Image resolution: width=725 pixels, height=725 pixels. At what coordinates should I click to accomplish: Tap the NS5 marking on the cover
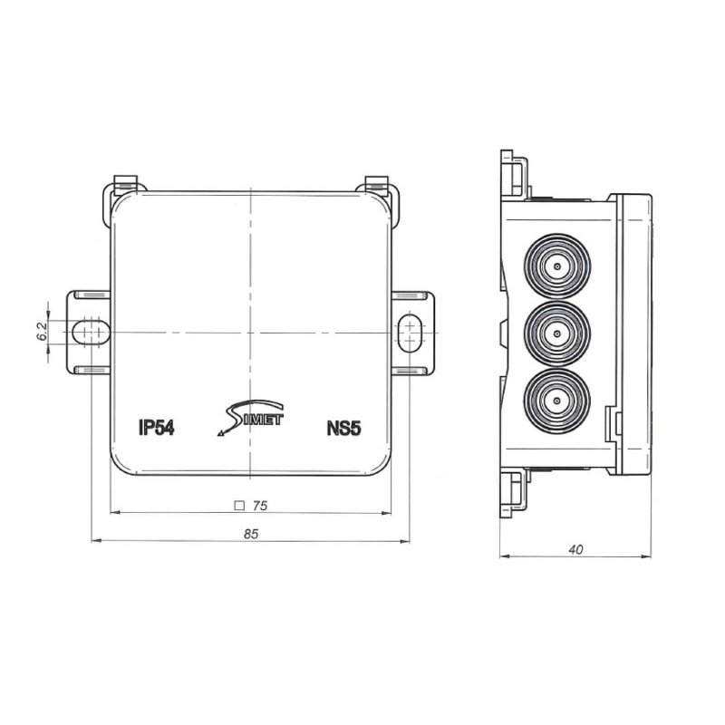click(x=344, y=429)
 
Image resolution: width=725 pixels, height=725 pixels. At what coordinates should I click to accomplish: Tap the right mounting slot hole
click(x=409, y=332)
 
